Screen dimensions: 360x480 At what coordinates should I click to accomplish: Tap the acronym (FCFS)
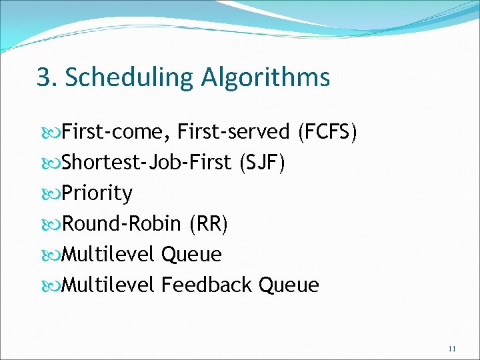[x=327, y=132]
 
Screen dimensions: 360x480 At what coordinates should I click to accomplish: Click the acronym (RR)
[x=208, y=224]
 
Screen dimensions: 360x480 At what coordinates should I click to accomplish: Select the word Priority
[x=97, y=193]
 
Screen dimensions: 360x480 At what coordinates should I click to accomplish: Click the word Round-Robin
[x=121, y=224]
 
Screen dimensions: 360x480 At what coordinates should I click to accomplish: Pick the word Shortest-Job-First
[x=147, y=163]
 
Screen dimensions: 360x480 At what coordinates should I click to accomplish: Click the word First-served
[x=233, y=132]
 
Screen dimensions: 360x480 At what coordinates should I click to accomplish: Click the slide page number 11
[x=453, y=348]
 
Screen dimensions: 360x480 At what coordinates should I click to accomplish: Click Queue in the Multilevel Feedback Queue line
[x=289, y=285]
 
